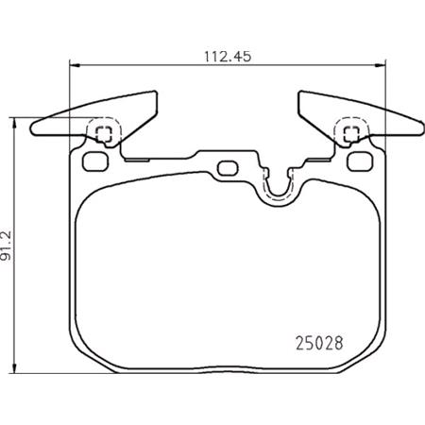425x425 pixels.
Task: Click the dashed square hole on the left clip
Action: (104, 133)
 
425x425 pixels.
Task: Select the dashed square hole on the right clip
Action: (350, 133)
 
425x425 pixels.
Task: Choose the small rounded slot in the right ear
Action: (360, 160)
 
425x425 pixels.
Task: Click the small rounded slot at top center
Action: (227, 168)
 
